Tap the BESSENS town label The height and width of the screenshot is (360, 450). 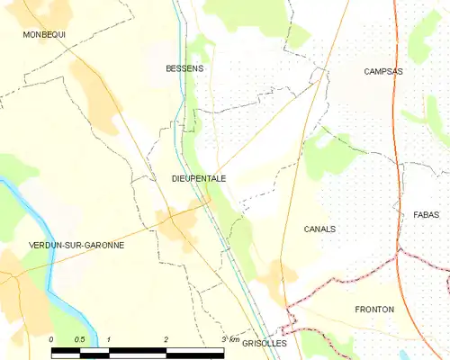click(x=184, y=68)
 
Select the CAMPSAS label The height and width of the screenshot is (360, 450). click(x=383, y=71)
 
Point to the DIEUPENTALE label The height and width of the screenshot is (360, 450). click(x=198, y=179)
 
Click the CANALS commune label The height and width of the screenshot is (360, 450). click(x=319, y=229)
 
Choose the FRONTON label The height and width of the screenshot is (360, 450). click(x=374, y=310)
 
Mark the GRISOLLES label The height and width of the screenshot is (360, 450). click(x=264, y=344)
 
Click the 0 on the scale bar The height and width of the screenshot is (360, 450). click(x=51, y=339)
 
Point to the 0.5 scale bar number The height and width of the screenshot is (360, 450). click(x=79, y=339)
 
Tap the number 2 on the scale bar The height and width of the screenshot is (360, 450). click(x=166, y=339)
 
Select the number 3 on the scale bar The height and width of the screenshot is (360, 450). click(x=223, y=339)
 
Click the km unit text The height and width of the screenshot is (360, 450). click(x=236, y=339)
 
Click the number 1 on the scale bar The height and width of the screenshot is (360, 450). click(x=109, y=339)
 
